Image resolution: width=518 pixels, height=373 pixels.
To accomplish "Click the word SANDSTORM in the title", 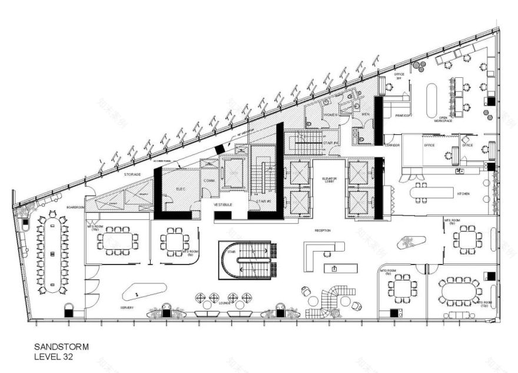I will coord(62,348).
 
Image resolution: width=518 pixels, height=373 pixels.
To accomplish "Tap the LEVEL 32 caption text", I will coord(54,357).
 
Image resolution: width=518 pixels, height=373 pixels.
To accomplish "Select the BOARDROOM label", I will coord(75,207).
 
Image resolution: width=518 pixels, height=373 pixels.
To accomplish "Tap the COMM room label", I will coord(208,180).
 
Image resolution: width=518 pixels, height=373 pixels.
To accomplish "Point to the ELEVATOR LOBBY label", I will coord(329,179).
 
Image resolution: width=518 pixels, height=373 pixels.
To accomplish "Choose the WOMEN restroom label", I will coord(330,114).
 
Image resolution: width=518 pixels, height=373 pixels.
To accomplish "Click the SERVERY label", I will coord(127,308).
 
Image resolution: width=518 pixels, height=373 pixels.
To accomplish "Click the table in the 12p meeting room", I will coord(460,291).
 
